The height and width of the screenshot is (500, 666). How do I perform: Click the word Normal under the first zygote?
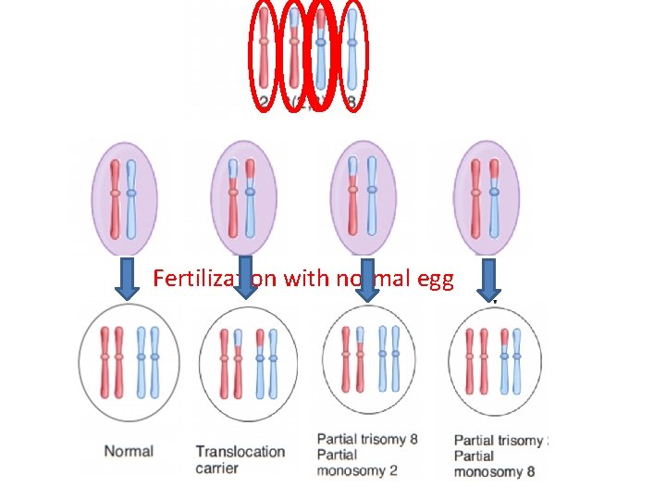click(x=129, y=452)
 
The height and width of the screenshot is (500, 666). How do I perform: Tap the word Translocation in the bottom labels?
click(x=240, y=452)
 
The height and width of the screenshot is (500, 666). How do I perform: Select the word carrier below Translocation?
click(x=218, y=469)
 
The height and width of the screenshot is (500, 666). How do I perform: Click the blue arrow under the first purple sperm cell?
click(x=127, y=279)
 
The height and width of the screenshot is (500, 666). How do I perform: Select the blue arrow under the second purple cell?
click(x=245, y=279)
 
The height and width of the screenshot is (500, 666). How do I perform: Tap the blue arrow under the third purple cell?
click(x=368, y=279)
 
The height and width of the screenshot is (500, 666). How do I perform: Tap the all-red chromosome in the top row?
click(x=265, y=53)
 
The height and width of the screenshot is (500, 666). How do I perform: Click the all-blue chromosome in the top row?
click(x=351, y=53)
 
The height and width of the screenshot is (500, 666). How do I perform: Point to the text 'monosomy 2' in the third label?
click(x=357, y=470)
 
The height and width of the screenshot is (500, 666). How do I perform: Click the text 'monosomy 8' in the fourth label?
click(x=494, y=472)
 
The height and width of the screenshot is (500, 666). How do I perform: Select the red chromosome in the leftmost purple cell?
click(x=115, y=198)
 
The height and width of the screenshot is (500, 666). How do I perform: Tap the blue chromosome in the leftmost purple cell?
click(x=131, y=198)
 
